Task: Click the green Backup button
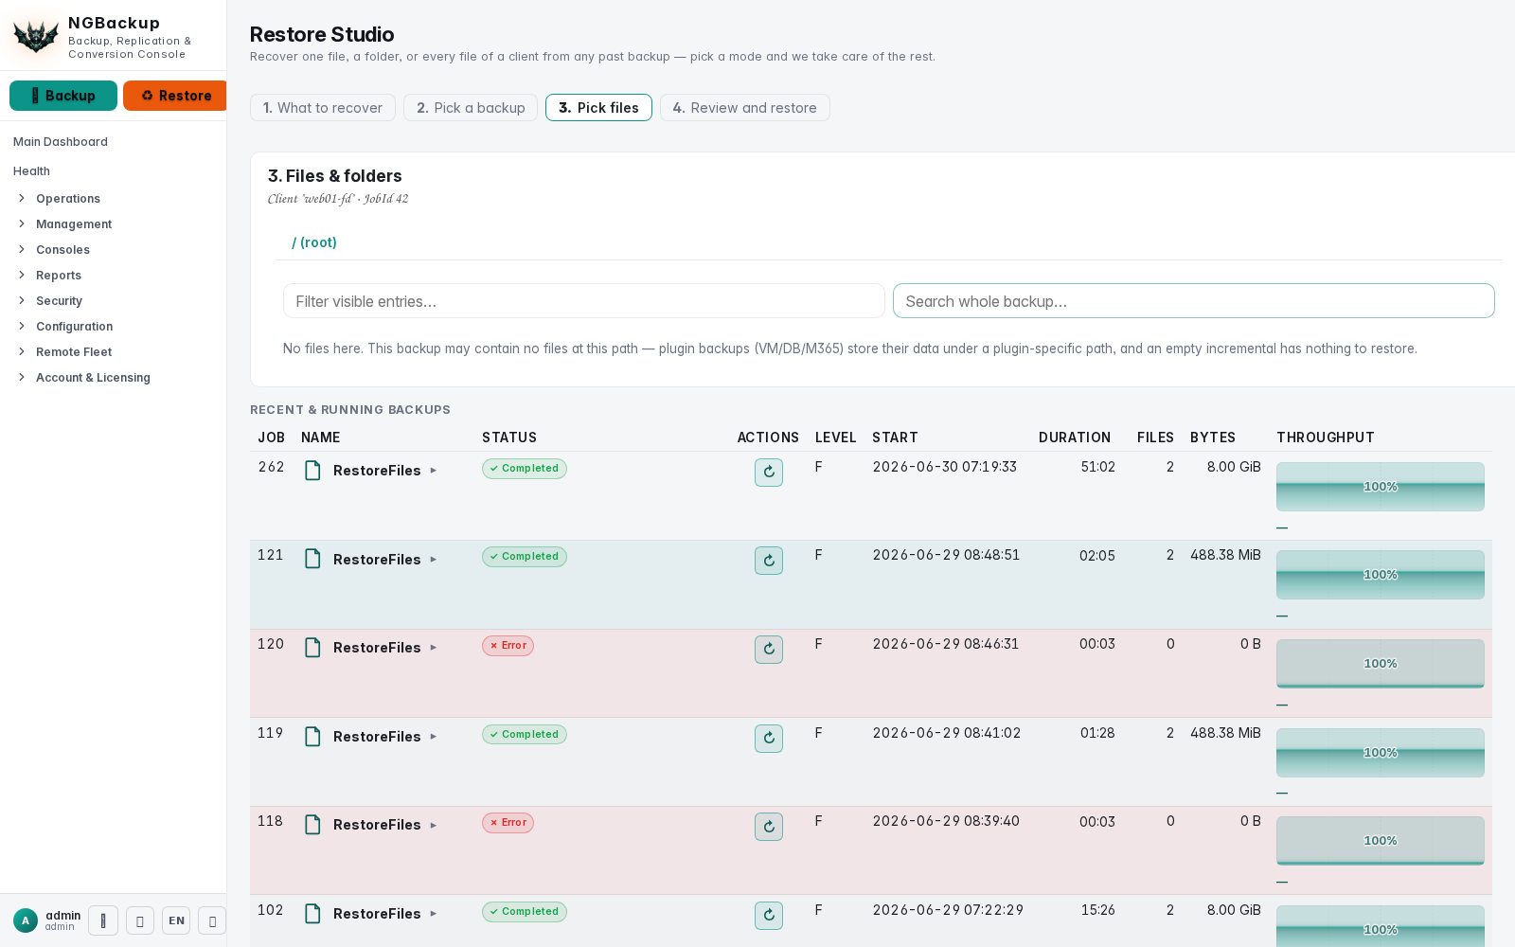click(x=62, y=96)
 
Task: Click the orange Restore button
click(x=175, y=96)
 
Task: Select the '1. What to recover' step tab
click(x=323, y=108)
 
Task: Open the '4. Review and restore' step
click(x=744, y=108)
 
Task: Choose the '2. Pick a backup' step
click(x=471, y=108)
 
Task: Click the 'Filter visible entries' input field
click(x=583, y=301)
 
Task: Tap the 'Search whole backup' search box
click(x=1194, y=301)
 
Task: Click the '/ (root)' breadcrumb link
click(x=313, y=242)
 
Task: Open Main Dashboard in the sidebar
click(x=61, y=141)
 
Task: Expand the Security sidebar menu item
click(x=59, y=300)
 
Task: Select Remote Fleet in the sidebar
click(x=74, y=351)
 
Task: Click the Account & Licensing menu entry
click(x=93, y=378)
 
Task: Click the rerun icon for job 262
click(x=769, y=473)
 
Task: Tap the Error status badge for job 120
click(x=508, y=645)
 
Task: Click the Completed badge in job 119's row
click(x=525, y=734)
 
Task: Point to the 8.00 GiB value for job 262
click(x=1234, y=467)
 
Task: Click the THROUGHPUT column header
click(x=1326, y=438)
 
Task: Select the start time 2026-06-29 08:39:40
click(x=946, y=821)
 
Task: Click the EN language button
click(x=176, y=920)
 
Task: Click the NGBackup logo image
click(x=37, y=36)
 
